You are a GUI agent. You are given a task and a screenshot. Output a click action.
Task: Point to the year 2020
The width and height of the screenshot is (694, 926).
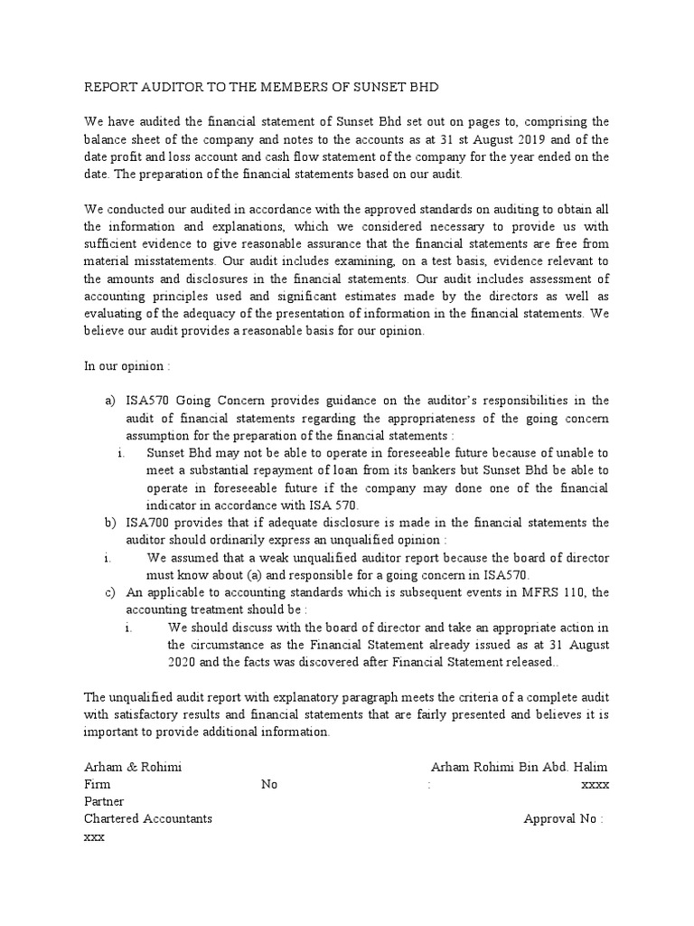pos(184,662)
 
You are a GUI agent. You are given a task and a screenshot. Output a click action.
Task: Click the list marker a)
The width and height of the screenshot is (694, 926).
pos(111,401)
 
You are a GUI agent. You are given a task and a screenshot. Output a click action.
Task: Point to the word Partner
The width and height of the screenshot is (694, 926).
pos(104,801)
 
